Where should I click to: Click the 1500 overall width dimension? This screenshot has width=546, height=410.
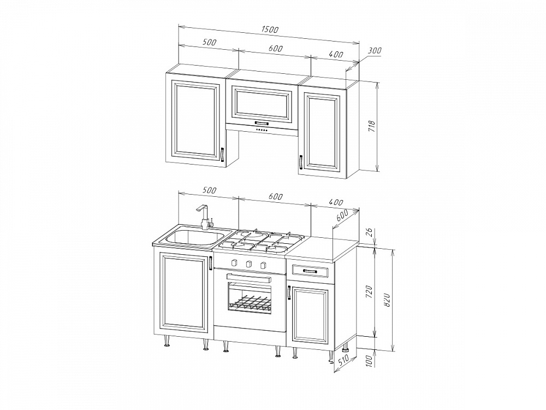point(270,30)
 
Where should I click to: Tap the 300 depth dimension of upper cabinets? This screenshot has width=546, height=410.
point(375,50)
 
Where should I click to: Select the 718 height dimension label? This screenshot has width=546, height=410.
point(371,126)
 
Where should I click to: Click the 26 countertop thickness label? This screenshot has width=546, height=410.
point(370,232)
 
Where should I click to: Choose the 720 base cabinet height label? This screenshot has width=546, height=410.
point(370,292)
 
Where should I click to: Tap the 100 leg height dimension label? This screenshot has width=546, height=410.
point(370,360)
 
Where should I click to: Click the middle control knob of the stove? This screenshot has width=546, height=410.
point(248,263)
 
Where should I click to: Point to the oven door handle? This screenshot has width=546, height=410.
point(249,278)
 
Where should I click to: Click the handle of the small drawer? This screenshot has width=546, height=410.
point(310,271)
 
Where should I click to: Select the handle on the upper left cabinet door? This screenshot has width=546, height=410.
point(221,155)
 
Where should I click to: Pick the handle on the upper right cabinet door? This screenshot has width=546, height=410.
point(300,162)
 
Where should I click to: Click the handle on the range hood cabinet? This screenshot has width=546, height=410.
point(262,122)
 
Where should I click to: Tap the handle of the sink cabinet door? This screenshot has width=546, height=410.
point(211,263)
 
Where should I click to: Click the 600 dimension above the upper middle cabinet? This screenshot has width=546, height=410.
point(275,49)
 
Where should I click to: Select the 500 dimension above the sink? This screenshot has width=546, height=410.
point(209,190)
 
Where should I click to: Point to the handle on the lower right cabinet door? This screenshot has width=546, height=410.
point(289,292)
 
